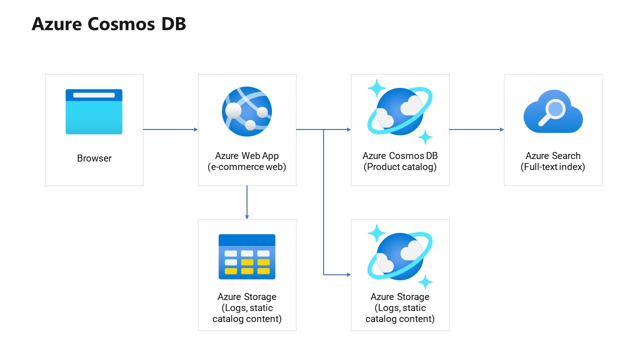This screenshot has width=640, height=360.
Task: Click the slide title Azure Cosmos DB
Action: [108, 24]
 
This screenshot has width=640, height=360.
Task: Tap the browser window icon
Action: [94, 112]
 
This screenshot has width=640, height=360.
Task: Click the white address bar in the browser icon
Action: [94, 95]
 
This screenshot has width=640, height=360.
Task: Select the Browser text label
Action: [94, 158]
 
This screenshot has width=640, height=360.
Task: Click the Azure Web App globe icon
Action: [247, 111]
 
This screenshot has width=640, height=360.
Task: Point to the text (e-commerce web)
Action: [247, 167]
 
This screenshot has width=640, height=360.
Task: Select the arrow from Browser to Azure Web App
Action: [170, 129]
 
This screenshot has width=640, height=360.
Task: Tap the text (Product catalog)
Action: [400, 167]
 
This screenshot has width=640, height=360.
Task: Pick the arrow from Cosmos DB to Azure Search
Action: [476, 129]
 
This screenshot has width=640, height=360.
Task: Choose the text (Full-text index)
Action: [552, 167]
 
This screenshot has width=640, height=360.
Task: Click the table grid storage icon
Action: [247, 256]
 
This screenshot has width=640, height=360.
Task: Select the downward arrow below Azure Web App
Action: [247, 202]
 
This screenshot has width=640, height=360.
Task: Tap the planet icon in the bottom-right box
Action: [400, 256]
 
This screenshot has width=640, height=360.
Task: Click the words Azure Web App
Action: [247, 155]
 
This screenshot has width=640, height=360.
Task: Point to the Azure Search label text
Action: [552, 155]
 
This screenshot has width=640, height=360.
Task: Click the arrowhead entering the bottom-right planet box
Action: [348, 274]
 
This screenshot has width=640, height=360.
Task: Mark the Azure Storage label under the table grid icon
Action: [247, 297]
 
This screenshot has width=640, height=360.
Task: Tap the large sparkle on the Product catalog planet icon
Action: [376, 88]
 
